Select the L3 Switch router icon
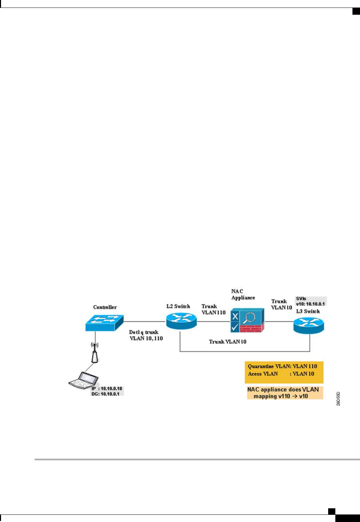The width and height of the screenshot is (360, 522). click(309, 325)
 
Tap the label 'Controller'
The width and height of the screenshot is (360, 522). click(105, 307)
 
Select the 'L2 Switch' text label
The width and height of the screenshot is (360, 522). click(178, 306)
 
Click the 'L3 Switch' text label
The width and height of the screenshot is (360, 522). click(308, 311)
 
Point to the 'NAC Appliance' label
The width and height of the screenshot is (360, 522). click(243, 295)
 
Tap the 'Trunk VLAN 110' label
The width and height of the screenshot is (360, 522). click(213, 309)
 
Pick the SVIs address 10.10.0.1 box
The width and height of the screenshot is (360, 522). click(310, 301)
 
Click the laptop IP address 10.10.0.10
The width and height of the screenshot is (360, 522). click(107, 389)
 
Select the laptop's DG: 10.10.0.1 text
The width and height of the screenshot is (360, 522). click(107, 394)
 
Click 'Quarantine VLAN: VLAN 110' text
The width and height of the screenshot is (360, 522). click(282, 366)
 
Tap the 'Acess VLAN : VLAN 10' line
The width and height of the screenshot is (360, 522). click(281, 374)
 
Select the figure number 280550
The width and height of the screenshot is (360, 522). click(338, 399)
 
